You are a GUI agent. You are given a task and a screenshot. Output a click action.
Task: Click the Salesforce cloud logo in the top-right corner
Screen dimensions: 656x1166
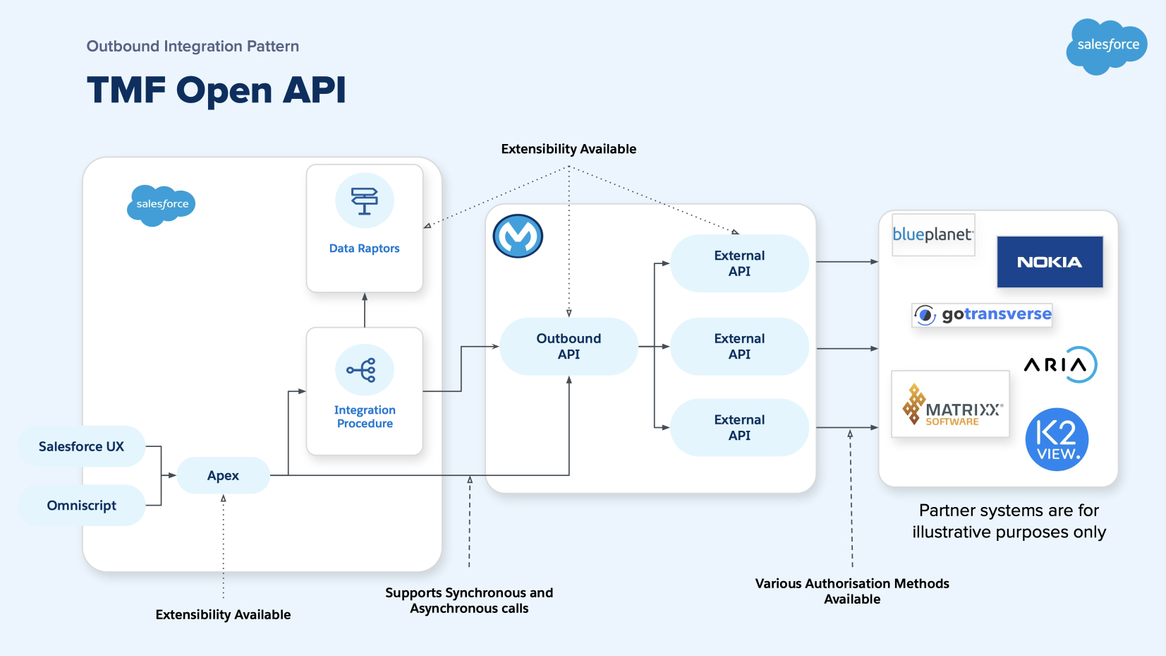coord(1106,45)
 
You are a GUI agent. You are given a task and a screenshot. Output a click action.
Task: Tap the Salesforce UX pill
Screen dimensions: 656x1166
coord(81,446)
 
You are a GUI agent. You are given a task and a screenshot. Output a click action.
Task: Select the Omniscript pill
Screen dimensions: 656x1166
coord(81,506)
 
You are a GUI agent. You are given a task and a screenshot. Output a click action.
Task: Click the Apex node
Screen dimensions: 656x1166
coord(223,475)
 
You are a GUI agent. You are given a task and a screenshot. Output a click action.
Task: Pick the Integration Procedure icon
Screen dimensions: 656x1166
coord(364,370)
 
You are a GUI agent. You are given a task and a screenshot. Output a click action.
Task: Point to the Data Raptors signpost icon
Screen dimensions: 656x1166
coord(364,201)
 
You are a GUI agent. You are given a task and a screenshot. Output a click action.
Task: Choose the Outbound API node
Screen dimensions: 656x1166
coord(569,346)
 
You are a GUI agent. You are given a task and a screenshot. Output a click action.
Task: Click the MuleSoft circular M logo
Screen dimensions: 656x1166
coord(518,236)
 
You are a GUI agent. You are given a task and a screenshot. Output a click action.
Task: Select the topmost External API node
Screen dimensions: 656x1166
coord(739,263)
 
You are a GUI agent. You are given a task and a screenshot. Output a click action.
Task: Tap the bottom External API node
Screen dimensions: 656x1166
coord(739,427)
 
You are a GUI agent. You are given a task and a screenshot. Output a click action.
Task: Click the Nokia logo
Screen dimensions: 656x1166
coord(1050,262)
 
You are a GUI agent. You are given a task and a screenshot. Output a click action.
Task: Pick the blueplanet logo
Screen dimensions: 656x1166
coord(933,234)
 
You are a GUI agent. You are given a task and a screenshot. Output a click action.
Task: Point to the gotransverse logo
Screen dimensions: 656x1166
coord(982,314)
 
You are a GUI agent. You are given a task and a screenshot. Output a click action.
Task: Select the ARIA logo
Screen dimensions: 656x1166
coord(1060,364)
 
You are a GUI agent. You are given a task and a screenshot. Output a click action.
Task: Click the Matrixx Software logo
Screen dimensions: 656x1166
coord(950,405)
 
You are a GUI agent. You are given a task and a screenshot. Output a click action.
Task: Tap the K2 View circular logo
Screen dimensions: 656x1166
coord(1057,439)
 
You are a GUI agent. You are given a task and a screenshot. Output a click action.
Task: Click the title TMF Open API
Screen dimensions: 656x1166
coord(216,90)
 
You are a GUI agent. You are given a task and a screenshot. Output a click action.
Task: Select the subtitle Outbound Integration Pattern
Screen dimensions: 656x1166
coord(193,47)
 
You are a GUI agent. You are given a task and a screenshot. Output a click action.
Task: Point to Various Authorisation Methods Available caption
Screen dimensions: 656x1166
coord(852,591)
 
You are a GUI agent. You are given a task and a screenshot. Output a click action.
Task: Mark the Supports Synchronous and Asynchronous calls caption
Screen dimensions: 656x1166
coord(469,600)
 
